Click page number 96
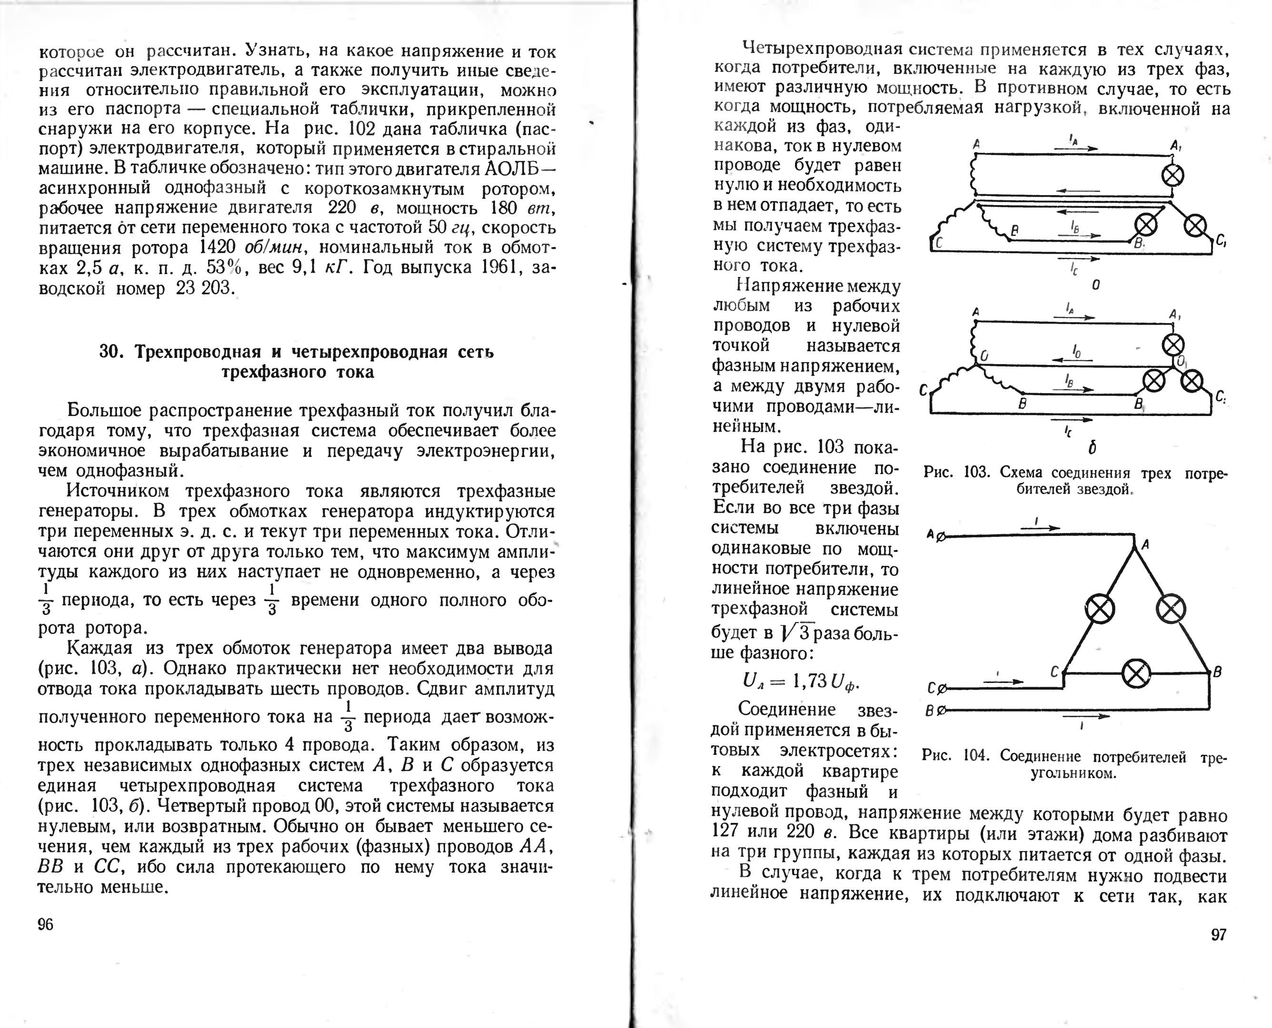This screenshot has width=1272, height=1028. pos(46,924)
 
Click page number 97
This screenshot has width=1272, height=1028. pos(1219,934)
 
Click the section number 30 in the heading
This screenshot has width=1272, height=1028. pos(110,352)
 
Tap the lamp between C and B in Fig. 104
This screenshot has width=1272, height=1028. pos(1136,673)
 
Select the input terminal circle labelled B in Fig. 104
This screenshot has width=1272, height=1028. pos(942,710)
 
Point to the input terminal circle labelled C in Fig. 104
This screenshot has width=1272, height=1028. pos(942,689)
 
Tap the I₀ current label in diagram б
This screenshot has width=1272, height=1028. pos(1076,352)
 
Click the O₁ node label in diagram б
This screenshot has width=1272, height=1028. pos(1181,361)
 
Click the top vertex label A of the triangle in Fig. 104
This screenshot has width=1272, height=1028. pos(1145,544)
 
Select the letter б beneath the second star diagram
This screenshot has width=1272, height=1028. pos(1092,448)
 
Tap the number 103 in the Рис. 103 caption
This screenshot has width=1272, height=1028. pos(976,473)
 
